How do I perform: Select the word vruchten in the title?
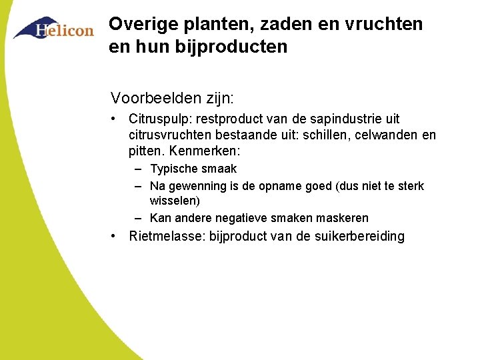pyautogui.click(x=385, y=25)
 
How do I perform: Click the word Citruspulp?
pyautogui.click(x=157, y=119)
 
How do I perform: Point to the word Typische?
pyautogui.click(x=173, y=169)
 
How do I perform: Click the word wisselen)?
pyautogui.click(x=175, y=201)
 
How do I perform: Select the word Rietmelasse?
pyautogui.click(x=167, y=237)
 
